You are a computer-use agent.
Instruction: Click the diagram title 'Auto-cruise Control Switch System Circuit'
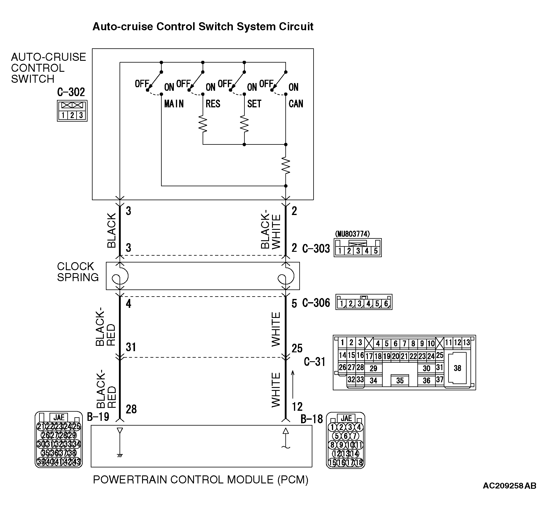point(203,27)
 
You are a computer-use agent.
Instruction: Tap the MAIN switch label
point(174,104)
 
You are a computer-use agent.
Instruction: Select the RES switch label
point(213,104)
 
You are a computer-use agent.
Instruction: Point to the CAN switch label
point(296,104)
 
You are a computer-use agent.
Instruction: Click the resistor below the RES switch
point(203,124)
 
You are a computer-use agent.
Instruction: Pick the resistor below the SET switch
point(244,124)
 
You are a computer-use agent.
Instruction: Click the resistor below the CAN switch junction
point(286,165)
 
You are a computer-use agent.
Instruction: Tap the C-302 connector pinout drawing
point(72,111)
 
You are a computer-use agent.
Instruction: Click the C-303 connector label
point(316,248)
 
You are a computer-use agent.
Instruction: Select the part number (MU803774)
point(352,234)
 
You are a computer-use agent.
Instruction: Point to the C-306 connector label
point(316,303)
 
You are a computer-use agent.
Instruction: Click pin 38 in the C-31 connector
point(457,368)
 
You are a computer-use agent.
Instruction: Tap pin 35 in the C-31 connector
point(400,381)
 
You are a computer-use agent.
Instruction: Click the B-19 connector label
point(98,417)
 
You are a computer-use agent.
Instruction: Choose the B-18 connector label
point(312,419)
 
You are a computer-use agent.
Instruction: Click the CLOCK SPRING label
point(78,272)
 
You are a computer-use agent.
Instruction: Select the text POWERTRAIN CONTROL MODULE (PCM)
point(201,480)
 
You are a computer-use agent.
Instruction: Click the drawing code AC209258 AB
point(509,494)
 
